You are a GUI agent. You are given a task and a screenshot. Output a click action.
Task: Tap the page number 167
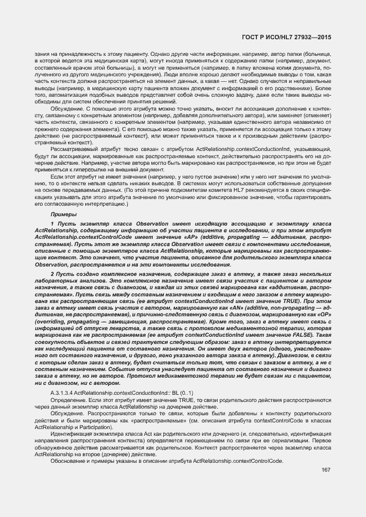[x=326, y=470]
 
